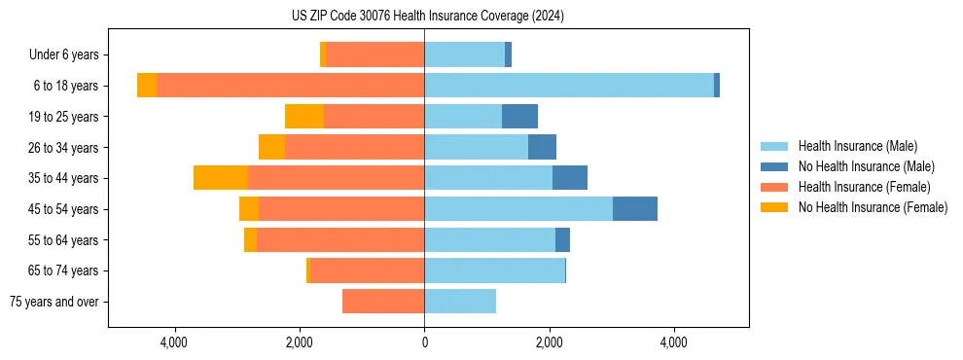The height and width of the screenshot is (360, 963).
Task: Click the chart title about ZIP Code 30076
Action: tap(427, 17)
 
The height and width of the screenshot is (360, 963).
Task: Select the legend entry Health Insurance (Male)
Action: tap(856, 146)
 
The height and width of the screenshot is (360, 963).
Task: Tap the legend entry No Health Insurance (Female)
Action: tap(873, 207)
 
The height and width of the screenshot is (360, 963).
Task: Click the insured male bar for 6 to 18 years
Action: tap(569, 86)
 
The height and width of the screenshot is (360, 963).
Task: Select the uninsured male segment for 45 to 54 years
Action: tap(635, 209)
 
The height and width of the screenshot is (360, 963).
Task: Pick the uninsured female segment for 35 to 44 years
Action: tap(221, 178)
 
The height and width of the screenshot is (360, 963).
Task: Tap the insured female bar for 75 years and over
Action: tap(383, 302)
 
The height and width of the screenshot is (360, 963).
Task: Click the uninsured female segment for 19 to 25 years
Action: tap(304, 117)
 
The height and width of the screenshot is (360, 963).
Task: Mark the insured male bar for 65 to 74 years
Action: tap(494, 270)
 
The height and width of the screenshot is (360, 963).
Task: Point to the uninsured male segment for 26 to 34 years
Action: tap(542, 147)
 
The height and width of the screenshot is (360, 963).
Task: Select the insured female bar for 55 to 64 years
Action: tap(340, 240)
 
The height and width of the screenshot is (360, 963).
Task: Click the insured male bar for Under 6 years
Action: tap(464, 55)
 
